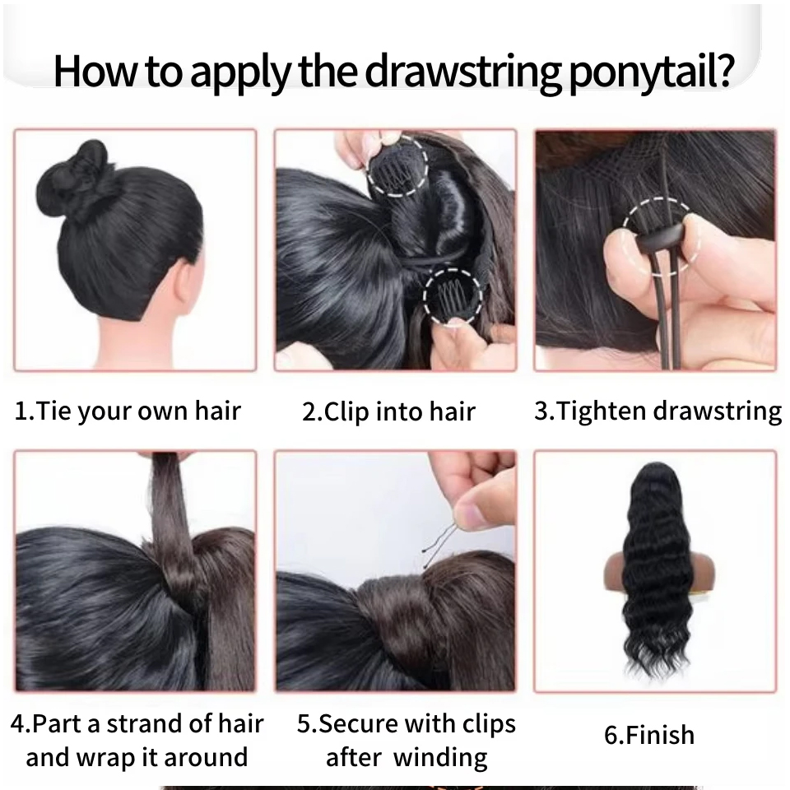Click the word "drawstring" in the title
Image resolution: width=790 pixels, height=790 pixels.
click(x=462, y=72)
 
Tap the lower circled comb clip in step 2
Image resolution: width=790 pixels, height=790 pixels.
click(x=452, y=297)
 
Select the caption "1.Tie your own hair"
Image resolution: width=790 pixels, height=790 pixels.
click(x=128, y=411)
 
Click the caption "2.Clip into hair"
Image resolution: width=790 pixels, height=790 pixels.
click(x=388, y=411)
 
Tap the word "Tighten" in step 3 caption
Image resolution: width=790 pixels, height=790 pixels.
click(x=602, y=410)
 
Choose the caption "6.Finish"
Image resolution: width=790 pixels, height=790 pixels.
click(x=649, y=735)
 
